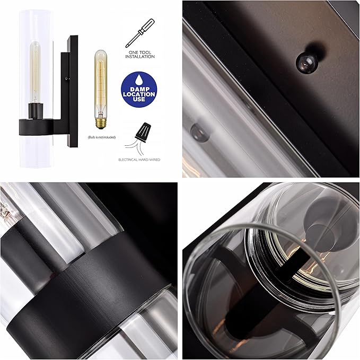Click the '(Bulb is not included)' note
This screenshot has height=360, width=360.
coord(100,137)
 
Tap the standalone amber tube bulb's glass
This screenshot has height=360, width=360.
coord(100,82)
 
